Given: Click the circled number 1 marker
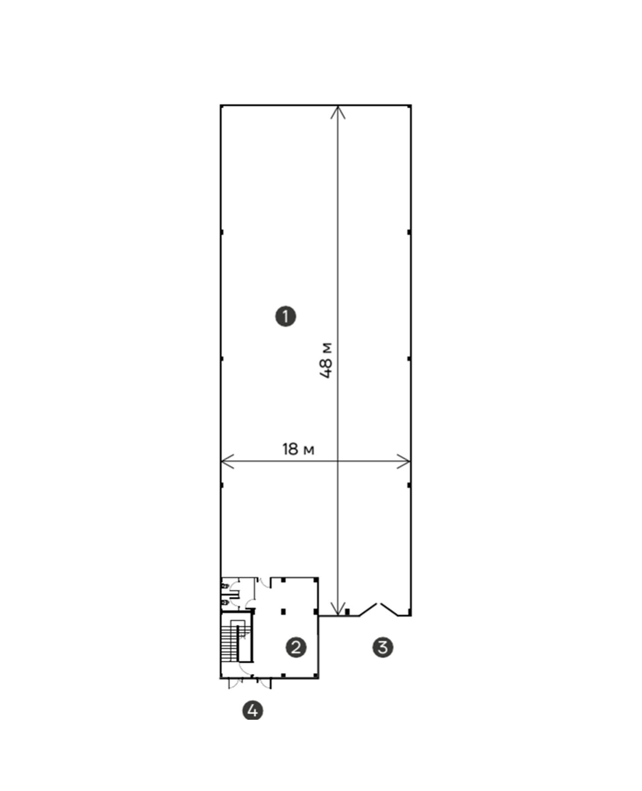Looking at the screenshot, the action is pyautogui.click(x=285, y=316).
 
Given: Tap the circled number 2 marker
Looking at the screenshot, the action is pyautogui.click(x=296, y=647).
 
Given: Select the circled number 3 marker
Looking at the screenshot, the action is pyautogui.click(x=383, y=647).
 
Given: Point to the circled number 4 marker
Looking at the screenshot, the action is pyautogui.click(x=252, y=710).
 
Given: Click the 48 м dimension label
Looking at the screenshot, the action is pyautogui.click(x=326, y=360).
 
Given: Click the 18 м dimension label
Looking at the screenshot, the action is pyautogui.click(x=298, y=449).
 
